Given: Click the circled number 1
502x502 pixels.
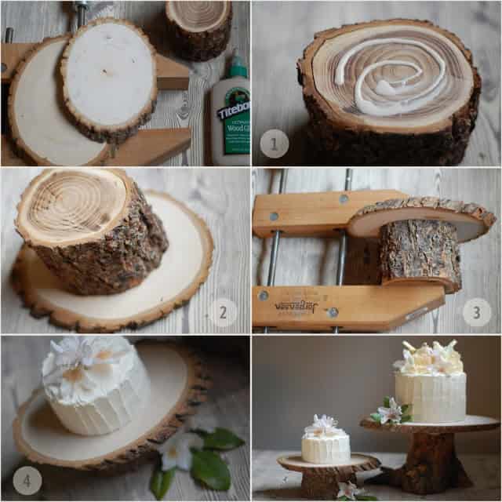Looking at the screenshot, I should point(275,143).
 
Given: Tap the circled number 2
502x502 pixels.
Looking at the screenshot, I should point(224,312).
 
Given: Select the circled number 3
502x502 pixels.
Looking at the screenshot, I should point(476,312).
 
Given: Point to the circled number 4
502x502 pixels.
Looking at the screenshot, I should point(27,480).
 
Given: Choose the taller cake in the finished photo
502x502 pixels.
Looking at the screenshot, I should point(430,384).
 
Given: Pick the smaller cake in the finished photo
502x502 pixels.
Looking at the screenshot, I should point(326,443).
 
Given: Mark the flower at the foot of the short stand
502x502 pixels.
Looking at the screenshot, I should point(349,491).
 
